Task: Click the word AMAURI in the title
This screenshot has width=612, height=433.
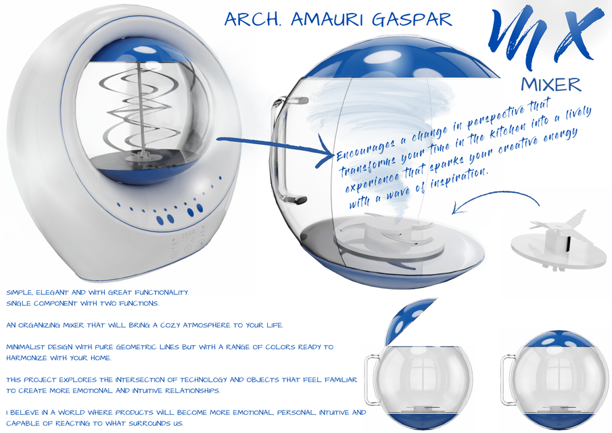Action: pos(328,19)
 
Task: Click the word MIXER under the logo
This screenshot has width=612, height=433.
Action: pos(551,85)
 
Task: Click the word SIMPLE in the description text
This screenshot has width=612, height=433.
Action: pos(20,292)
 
